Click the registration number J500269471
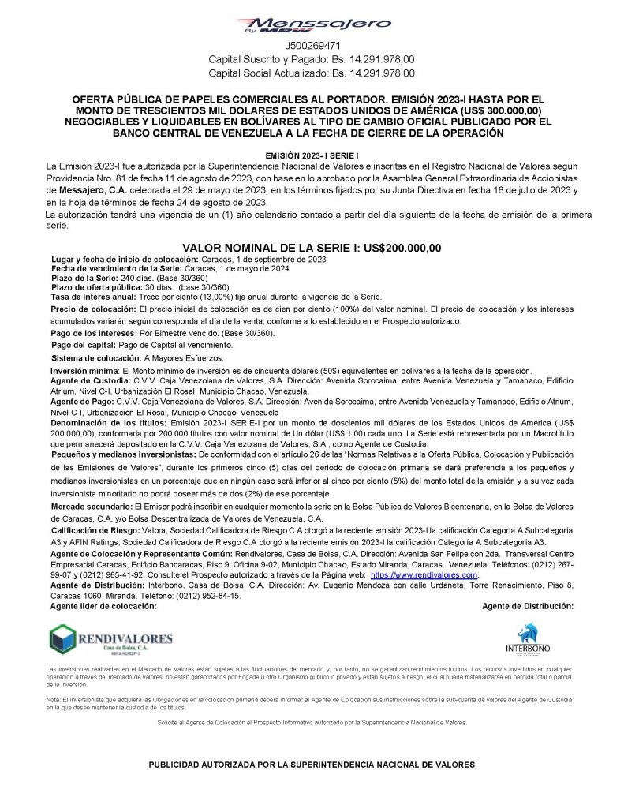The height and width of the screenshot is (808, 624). click(311, 47)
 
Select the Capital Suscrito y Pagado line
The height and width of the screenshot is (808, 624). click(311, 59)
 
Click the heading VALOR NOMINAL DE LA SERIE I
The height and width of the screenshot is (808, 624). click(311, 248)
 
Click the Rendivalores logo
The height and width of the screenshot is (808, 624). click(110, 641)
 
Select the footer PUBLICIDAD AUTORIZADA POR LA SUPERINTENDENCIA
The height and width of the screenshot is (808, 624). click(311, 765)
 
